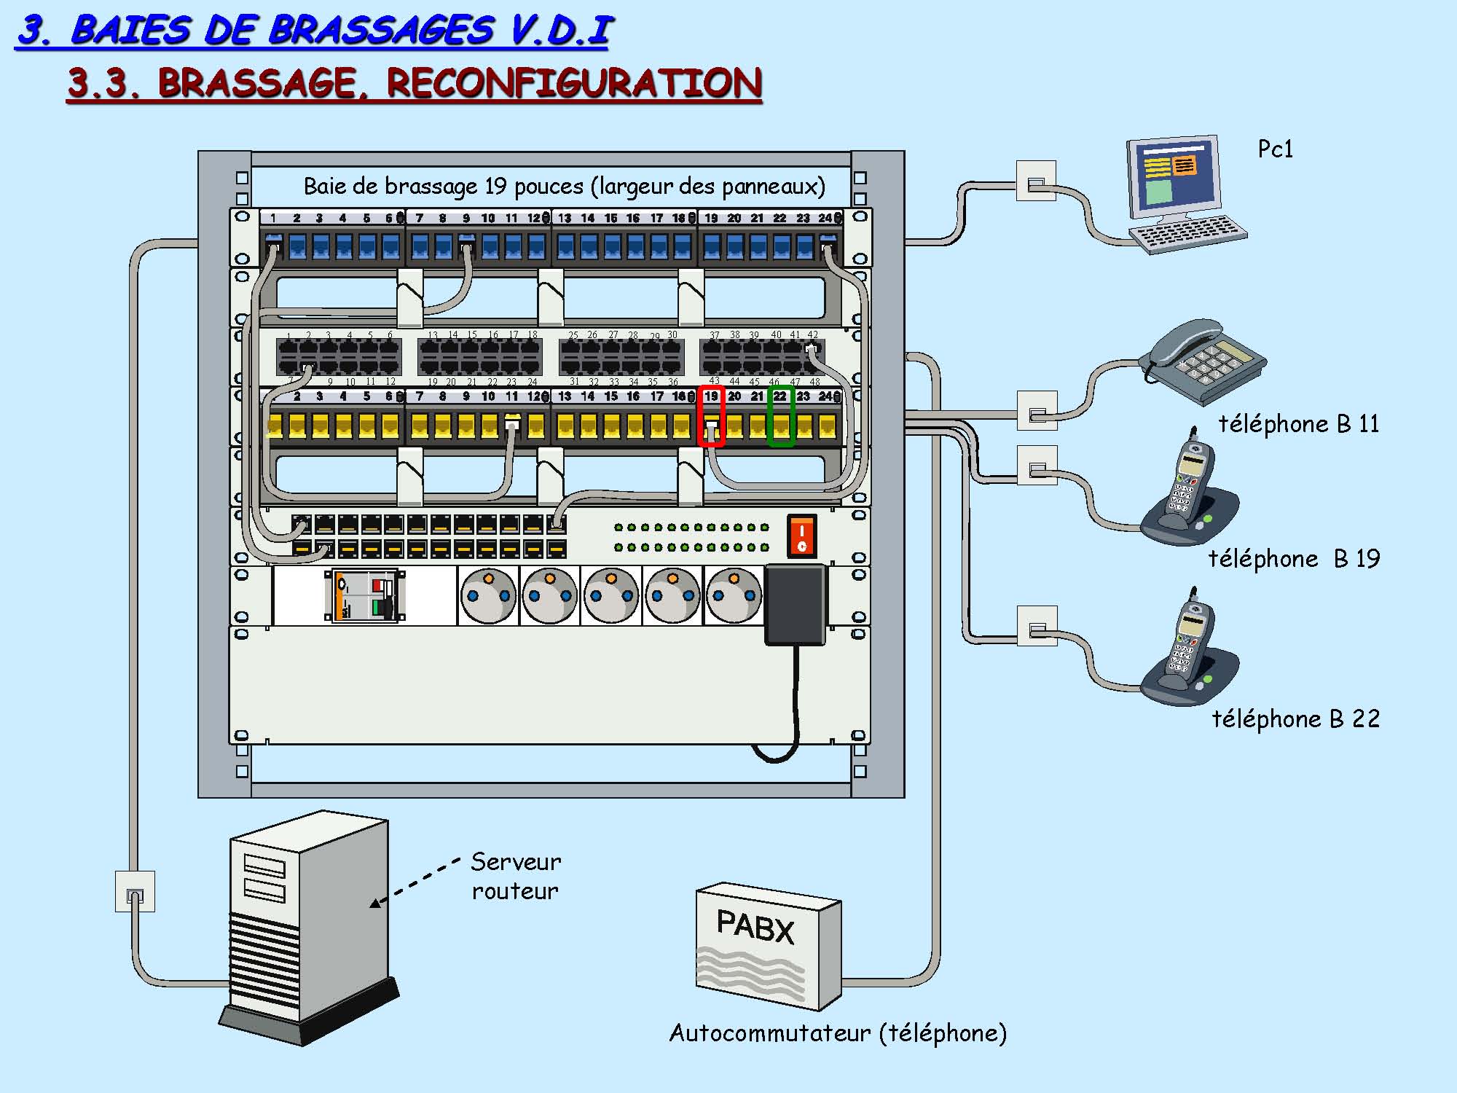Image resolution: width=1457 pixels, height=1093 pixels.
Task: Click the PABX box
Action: [x=768, y=944]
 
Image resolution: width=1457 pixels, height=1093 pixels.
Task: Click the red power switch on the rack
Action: [x=801, y=536]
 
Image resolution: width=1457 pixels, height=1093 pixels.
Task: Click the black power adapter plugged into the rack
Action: [x=796, y=604]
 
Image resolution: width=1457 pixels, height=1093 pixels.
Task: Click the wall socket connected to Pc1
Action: [x=1036, y=181]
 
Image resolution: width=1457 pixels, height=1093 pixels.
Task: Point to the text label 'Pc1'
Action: [x=1275, y=149]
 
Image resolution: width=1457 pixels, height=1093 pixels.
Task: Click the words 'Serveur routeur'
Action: [x=515, y=876]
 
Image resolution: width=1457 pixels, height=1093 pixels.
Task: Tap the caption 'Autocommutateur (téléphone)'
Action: [x=838, y=1033]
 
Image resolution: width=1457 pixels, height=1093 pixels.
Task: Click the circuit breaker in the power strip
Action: [x=364, y=595]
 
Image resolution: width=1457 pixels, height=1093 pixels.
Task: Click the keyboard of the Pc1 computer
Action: [x=1187, y=234]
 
